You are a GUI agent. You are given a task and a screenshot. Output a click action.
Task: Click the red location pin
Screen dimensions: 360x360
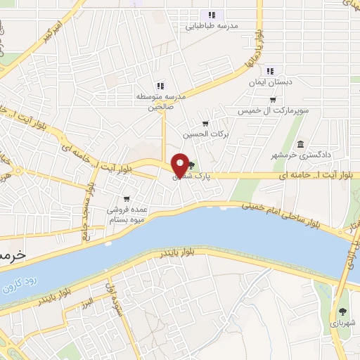pyautogui.click(x=181, y=165)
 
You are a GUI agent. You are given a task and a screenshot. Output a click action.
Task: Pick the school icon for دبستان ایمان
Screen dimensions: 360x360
pyautogui.click(x=270, y=71)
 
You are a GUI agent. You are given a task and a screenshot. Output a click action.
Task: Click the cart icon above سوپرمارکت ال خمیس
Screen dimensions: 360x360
pyautogui.click(x=272, y=100)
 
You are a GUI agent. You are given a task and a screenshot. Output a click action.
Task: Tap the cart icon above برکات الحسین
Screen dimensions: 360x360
pyautogui.click(x=205, y=123)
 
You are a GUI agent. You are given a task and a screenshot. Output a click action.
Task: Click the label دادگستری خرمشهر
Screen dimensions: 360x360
pyautogui.click(x=307, y=155)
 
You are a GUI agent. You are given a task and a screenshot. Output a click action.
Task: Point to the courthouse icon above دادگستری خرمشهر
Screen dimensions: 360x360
pyautogui.click(x=301, y=144)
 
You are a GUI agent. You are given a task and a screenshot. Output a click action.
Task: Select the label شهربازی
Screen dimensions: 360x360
pyautogui.click(x=342, y=324)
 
